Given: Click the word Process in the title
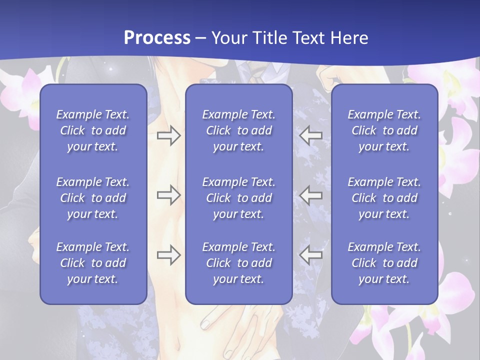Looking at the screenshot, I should [157, 38].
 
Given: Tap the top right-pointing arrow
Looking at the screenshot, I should [168, 135].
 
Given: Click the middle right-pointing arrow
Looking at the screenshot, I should [168, 195].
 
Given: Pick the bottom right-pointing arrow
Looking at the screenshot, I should [168, 255].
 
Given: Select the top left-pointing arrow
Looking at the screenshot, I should [311, 135].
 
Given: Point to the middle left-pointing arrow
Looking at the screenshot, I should [311, 195].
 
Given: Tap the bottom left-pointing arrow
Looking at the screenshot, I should [311, 255].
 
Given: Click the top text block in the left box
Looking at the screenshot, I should [93, 130].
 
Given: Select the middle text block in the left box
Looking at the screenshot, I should [93, 198].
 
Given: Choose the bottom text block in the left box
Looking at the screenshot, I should [93, 263].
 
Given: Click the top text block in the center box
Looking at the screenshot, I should [239, 130].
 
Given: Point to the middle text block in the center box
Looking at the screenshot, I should [239, 198].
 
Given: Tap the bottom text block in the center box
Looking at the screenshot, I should [239, 263].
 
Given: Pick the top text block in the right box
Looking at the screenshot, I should [384, 130].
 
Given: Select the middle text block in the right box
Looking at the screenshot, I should [384, 198].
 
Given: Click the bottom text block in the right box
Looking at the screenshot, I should [384, 263].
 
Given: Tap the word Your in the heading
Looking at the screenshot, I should [227, 38].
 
